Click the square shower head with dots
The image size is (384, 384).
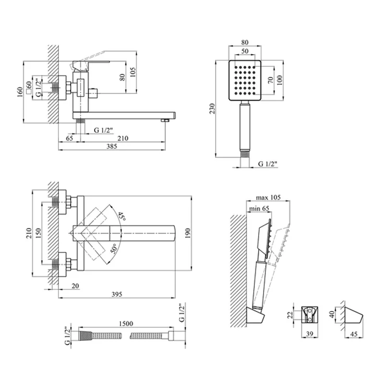(246, 80)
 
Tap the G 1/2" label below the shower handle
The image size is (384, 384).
(268, 164)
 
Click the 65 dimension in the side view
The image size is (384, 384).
(70, 139)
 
